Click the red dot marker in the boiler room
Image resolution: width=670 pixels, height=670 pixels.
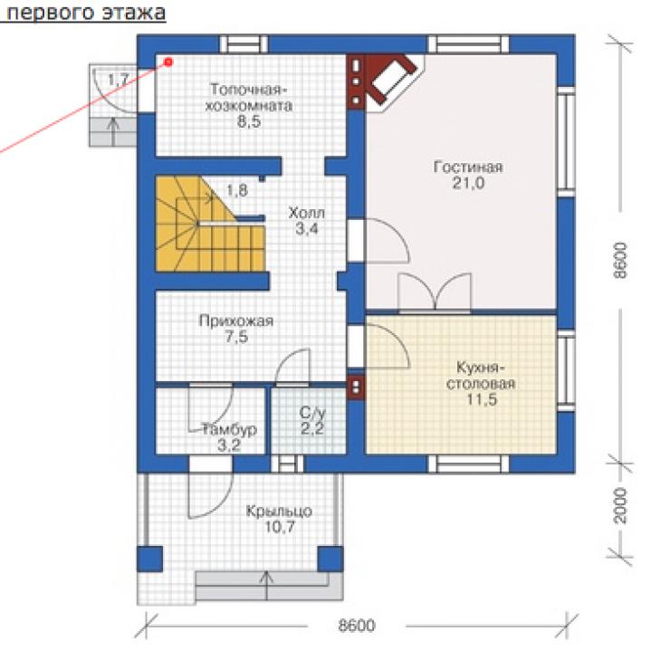pos(168,62)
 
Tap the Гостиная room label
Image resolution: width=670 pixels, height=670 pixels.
pos(468,167)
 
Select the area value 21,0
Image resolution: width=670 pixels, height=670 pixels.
pos(468,183)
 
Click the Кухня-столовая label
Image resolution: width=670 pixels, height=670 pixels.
pos(480,375)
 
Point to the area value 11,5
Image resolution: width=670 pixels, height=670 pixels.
pos(482,399)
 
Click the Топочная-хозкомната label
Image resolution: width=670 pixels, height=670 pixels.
pos(249,98)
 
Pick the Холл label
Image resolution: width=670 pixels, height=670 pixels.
pos(306,213)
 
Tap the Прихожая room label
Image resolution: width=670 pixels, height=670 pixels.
pos(236,321)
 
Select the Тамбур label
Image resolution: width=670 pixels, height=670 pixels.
pos(229,429)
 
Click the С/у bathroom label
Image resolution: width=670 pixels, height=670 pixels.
pos(312,413)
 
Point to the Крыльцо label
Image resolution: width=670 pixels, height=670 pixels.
pos(279,511)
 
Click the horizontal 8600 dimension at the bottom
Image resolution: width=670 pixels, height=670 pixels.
pos(357,626)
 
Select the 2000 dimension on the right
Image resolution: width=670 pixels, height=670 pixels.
pos(620,505)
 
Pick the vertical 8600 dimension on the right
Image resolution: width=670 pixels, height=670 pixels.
pos(620,260)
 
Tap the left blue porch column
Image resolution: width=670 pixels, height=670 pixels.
pos(149,559)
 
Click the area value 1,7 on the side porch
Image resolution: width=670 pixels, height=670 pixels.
pos(118,80)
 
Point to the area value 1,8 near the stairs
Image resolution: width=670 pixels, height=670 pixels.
pos(236,190)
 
